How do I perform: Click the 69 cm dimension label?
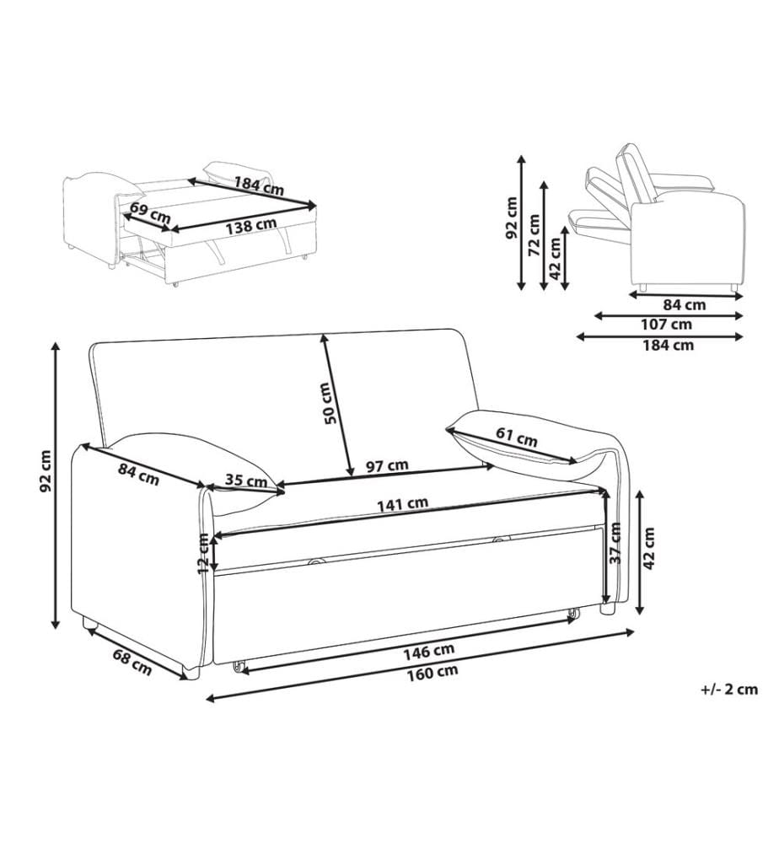[150, 212]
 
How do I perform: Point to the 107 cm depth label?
[667, 325]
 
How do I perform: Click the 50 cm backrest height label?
[329, 403]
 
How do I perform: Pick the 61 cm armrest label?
[516, 437]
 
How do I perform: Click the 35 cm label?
[245, 480]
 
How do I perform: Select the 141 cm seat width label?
[402, 505]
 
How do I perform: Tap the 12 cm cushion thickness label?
[203, 553]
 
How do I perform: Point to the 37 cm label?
[616, 543]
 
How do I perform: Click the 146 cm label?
[428, 651]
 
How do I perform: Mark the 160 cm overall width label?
[432, 672]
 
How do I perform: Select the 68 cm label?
[132, 663]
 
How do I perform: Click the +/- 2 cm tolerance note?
[729, 690]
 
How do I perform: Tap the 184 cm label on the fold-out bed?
[259, 185]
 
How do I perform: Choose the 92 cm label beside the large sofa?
[46, 471]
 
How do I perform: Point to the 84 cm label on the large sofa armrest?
[139, 474]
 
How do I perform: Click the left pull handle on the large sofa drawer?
[317, 561]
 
